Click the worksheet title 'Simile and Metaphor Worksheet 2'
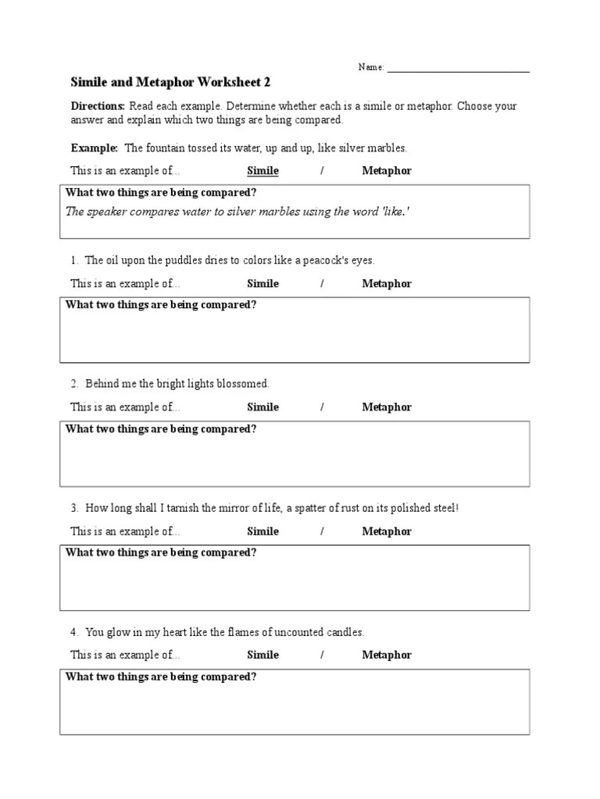point(171,82)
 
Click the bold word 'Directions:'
point(98,106)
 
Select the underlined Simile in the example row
point(262,171)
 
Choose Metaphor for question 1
point(386,284)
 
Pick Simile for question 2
point(262,407)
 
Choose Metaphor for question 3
point(386,531)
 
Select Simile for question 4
point(262,655)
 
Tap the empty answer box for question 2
point(295,461)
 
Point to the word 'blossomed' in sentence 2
point(245,384)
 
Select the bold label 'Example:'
point(95,147)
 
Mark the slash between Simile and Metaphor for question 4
point(322,655)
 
